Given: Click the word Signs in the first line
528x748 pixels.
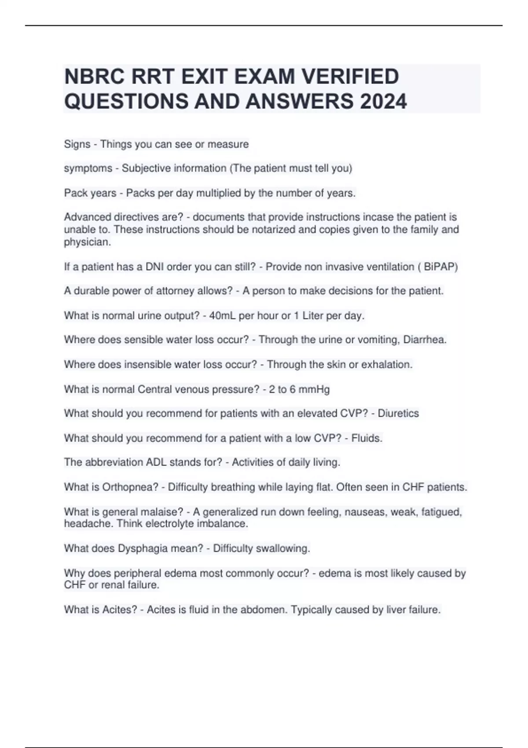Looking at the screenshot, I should click(x=77, y=144).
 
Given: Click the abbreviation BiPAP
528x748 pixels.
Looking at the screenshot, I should click(x=440, y=267).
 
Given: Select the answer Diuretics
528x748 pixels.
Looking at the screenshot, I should click(x=398, y=413).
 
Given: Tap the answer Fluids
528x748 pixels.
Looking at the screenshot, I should click(x=367, y=438).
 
